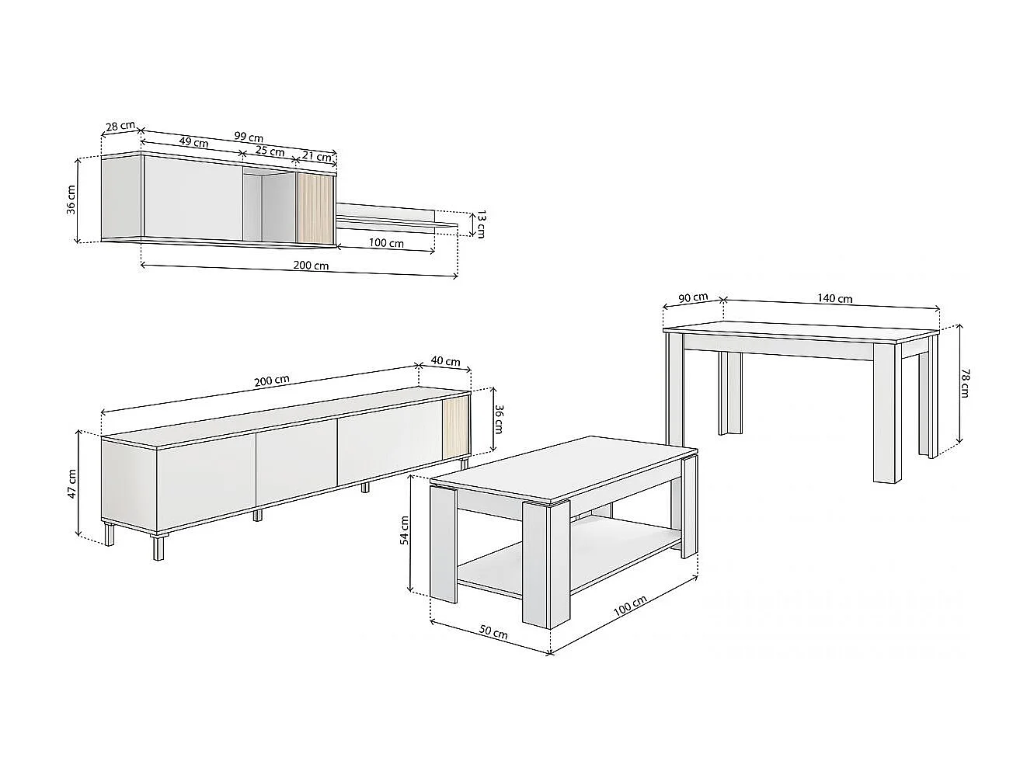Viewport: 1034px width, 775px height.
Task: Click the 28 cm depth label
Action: click(x=120, y=126)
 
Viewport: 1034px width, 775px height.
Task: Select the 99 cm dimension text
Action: click(x=249, y=137)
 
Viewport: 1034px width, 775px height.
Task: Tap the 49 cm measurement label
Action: click(x=193, y=142)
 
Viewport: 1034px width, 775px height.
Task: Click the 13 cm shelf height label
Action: click(x=481, y=224)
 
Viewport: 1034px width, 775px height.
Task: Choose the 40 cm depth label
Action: click(x=445, y=361)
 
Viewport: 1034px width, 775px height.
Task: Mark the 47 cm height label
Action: click(x=71, y=484)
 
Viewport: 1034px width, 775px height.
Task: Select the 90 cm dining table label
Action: click(x=693, y=297)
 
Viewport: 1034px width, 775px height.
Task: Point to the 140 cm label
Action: click(x=834, y=298)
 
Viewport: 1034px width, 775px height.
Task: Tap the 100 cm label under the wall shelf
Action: click(x=386, y=243)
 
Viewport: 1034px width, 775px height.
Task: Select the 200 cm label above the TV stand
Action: click(x=272, y=380)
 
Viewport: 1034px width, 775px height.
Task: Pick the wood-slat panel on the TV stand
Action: click(x=455, y=428)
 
